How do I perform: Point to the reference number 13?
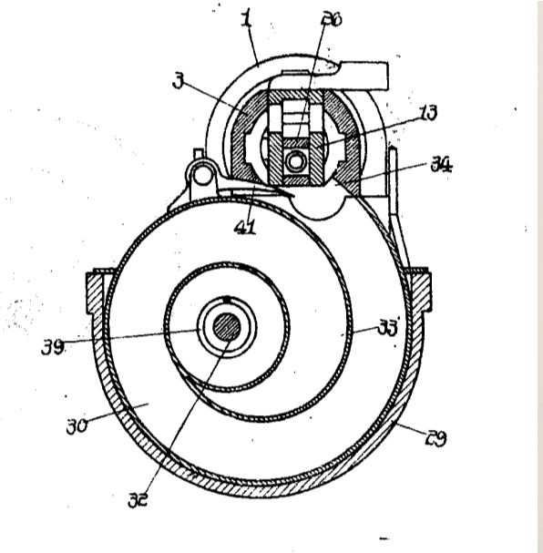point(427,113)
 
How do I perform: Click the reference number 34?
point(441,165)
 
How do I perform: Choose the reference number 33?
point(389,328)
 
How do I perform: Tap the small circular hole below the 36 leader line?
point(296,161)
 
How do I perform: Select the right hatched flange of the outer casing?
point(422,289)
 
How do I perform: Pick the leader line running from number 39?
point(137,337)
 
